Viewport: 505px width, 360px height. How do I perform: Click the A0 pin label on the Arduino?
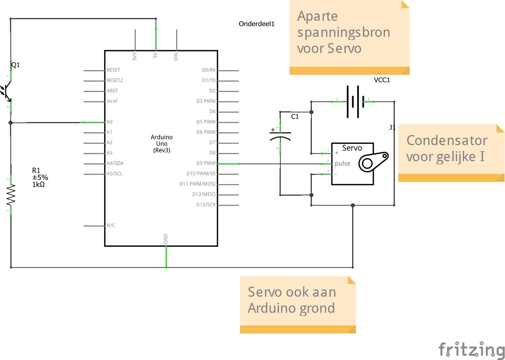click(109, 122)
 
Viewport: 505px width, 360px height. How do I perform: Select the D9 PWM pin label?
click(206, 163)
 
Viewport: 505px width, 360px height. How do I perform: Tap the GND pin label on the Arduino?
click(166, 239)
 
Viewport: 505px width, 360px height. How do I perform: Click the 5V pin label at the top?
click(155, 55)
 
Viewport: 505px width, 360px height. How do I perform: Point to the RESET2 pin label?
click(115, 81)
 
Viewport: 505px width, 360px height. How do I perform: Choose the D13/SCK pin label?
click(206, 205)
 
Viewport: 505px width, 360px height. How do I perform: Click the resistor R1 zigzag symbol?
click(11, 195)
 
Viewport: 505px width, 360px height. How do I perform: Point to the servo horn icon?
click(373, 161)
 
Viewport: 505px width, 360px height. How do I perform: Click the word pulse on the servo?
click(343, 163)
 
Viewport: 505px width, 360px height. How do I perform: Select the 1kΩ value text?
click(38, 185)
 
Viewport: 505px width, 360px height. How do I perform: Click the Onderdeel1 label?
click(257, 24)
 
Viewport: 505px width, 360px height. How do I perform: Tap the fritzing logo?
click(471, 349)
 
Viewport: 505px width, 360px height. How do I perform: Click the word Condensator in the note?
click(447, 140)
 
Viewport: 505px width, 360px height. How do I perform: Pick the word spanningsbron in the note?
click(343, 33)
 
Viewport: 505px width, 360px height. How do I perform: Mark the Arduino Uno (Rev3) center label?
click(162, 144)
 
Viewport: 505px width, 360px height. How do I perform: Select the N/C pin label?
click(111, 226)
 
